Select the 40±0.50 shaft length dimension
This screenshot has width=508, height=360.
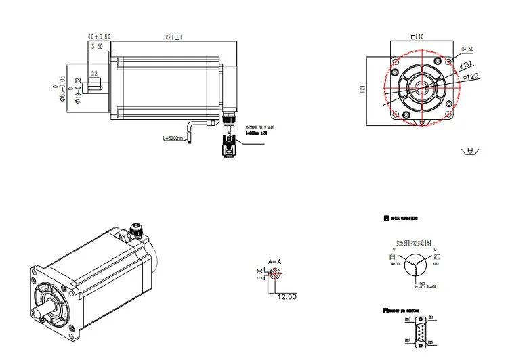click(100, 37)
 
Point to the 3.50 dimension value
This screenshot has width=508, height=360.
click(98, 47)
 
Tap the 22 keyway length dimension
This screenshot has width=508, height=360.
click(94, 73)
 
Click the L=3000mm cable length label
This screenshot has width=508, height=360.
click(173, 139)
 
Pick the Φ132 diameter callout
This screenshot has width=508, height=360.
click(467, 65)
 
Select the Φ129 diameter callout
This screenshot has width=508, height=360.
click(470, 76)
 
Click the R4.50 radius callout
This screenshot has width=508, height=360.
click(467, 49)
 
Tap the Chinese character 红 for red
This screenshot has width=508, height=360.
click(438, 256)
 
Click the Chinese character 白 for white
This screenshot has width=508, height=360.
click(391, 257)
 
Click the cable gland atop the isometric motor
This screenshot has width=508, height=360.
click(133, 232)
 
